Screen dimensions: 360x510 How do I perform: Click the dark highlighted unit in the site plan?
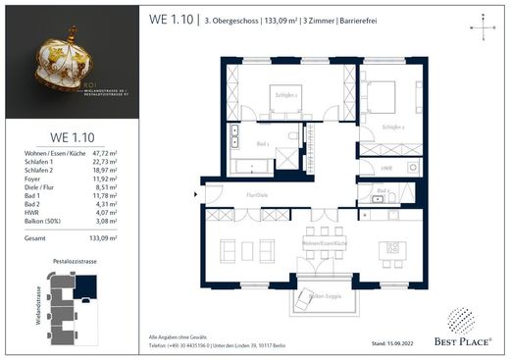[x=86, y=285]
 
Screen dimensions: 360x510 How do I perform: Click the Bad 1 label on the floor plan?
[x=263, y=143]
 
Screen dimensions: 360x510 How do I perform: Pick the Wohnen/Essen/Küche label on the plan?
[x=325, y=241]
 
